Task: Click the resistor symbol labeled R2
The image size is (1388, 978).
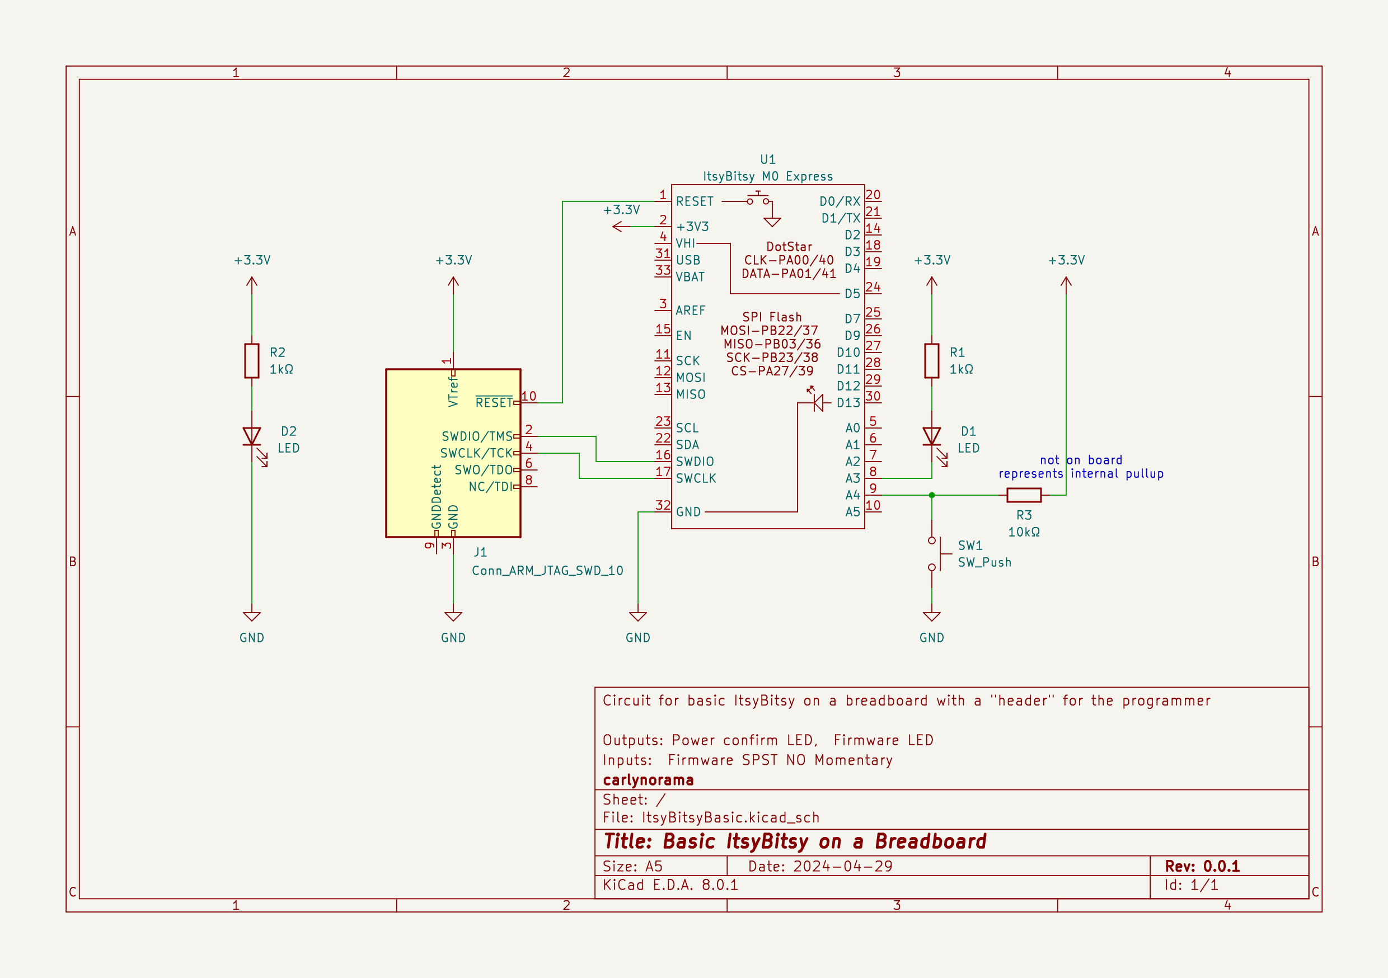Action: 251,361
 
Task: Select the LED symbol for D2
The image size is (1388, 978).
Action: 251,436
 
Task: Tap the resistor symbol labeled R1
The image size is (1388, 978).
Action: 931,361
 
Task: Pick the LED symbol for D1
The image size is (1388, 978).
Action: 931,436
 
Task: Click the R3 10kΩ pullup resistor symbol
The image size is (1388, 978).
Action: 1024,495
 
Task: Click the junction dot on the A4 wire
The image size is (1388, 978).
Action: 931,495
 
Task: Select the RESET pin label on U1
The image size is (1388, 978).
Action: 694,201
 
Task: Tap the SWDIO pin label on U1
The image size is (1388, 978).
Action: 694,461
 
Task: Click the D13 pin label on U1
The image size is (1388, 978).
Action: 847,403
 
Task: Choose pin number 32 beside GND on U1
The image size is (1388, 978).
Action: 663,505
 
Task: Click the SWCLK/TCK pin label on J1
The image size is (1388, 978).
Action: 476,453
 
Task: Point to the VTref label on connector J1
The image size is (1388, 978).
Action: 453,391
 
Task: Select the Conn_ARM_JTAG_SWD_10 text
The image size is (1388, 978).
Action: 547,571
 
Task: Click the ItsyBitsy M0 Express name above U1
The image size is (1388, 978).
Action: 767,176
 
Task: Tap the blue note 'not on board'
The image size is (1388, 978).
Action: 1080,460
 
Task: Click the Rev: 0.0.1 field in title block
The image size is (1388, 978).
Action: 1202,866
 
